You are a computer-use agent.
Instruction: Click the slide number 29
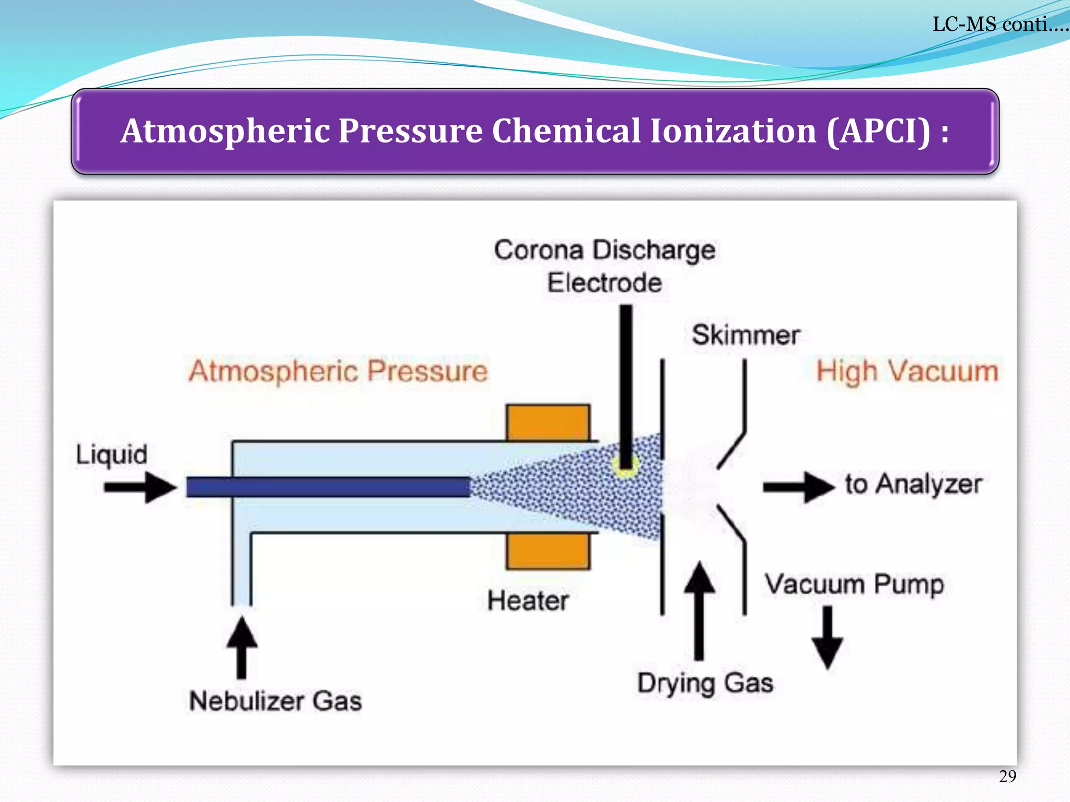tap(1007, 776)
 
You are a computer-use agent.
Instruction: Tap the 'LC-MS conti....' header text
tap(999, 24)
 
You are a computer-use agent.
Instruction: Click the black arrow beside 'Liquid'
tap(140, 487)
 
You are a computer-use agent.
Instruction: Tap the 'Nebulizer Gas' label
tap(275, 701)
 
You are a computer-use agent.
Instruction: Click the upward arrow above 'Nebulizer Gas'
tap(241, 647)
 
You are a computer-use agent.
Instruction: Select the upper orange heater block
tap(548, 422)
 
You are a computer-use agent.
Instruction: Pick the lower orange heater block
tap(548, 551)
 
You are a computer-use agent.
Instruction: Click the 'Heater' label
tap(528, 600)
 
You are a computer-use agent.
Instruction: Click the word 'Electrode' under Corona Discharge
tap(604, 283)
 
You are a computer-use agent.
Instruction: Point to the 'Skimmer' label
tap(746, 335)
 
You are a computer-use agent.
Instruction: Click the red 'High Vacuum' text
tap(907, 372)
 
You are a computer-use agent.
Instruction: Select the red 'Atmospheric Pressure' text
tap(338, 371)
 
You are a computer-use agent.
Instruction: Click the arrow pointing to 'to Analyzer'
tap(798, 487)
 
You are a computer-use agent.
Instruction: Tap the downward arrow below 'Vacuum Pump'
tap(827, 637)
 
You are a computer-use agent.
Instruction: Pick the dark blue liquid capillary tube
tap(328, 487)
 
